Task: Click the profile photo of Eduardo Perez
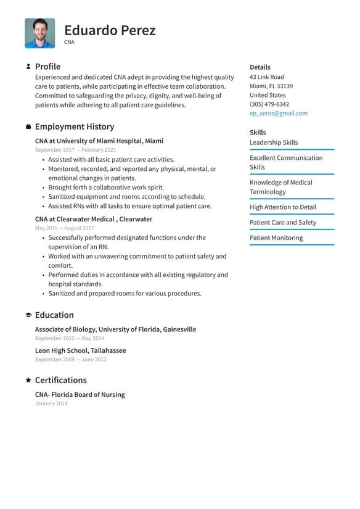click(x=39, y=33)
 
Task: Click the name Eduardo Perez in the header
click(x=110, y=30)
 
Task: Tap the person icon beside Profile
click(x=28, y=67)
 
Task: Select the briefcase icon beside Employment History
click(x=28, y=126)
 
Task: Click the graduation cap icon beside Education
click(x=28, y=315)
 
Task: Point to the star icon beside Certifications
click(x=28, y=380)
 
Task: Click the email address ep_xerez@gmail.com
click(x=278, y=114)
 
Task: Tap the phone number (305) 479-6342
click(x=269, y=104)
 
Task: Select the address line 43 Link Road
click(x=266, y=77)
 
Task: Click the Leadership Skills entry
click(x=273, y=143)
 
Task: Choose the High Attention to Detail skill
click(x=282, y=207)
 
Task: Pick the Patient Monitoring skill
click(x=276, y=238)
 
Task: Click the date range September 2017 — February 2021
click(x=75, y=150)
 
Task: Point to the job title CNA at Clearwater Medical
click(x=93, y=219)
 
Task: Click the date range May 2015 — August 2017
click(x=64, y=228)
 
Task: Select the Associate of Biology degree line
click(x=115, y=329)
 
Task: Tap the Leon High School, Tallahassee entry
click(x=80, y=350)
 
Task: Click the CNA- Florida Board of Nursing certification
click(x=80, y=394)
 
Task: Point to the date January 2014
click(x=51, y=403)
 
